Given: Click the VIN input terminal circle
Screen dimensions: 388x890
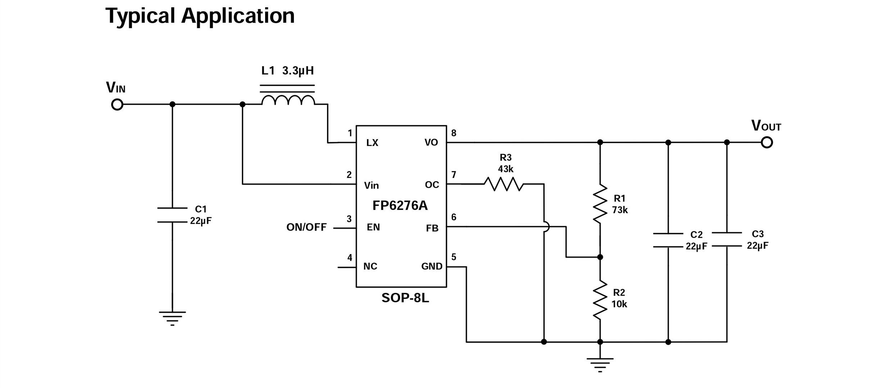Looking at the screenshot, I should [117, 105].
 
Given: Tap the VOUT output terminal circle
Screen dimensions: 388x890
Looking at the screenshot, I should [767, 143].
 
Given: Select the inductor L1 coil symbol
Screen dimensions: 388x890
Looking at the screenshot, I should [288, 100].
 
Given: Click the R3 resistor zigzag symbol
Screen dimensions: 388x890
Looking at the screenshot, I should [503, 184].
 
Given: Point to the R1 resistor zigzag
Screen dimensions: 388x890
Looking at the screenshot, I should [600, 204].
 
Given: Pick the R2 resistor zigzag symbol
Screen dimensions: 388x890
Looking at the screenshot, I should [600, 300].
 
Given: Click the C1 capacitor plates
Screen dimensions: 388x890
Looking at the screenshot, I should [172, 215].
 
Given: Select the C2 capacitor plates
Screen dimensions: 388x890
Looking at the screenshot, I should [668, 240].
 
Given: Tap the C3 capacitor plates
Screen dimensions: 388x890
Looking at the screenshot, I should [727, 239].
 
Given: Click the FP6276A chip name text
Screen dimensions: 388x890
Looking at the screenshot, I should [400, 205].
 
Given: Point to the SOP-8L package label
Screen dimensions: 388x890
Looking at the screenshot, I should [405, 298].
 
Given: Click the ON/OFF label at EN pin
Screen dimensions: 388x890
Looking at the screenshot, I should [306, 227].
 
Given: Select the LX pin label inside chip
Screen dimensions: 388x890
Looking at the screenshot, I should [372, 143].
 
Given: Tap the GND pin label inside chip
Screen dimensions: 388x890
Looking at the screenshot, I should [432, 266].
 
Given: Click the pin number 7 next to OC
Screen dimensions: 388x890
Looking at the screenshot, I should [454, 175].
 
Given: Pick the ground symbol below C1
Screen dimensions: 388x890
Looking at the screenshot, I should [172, 318].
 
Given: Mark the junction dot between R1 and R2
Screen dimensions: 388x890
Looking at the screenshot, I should [600, 257].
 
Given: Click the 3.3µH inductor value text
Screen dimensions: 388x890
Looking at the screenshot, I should [298, 71].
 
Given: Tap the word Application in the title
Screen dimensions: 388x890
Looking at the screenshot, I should [238, 16].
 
